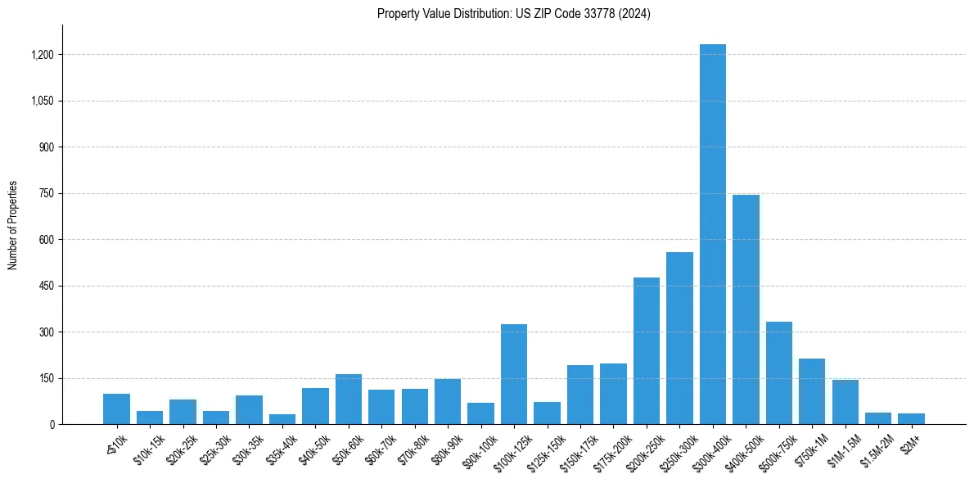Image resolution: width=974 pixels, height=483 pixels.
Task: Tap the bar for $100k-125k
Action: pyautogui.click(x=514, y=374)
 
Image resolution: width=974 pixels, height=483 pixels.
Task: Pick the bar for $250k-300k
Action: pyautogui.click(x=679, y=338)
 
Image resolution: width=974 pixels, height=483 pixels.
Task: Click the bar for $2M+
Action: pyautogui.click(x=911, y=418)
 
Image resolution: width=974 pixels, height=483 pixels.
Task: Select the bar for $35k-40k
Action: pyautogui.click(x=282, y=419)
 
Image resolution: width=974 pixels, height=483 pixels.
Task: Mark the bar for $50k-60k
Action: pyautogui.click(x=349, y=399)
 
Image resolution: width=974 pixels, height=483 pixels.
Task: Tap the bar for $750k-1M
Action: pyautogui.click(x=812, y=391)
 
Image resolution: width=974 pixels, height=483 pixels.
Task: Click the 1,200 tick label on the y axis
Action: pyautogui.click(x=42, y=55)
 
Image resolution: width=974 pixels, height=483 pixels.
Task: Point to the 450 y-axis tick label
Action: pyautogui.click(x=46, y=287)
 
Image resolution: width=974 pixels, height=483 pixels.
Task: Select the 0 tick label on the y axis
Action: pyautogui.click(x=51, y=425)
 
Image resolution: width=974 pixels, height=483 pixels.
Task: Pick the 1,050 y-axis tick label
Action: pyautogui.click(x=42, y=102)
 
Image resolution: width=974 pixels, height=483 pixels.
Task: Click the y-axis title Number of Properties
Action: pyautogui.click(x=13, y=225)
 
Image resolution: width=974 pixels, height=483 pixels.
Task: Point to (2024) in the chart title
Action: pyautogui.click(x=635, y=14)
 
